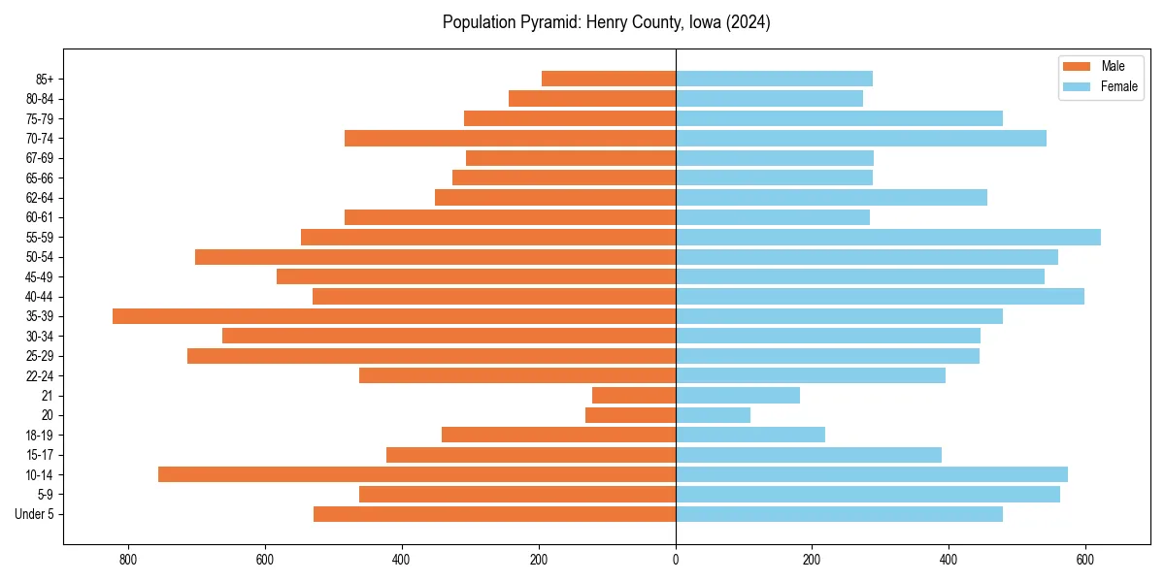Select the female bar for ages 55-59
pos(887,237)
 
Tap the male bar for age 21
pos(633,396)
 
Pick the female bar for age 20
pos(713,415)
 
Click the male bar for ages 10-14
pos(416,474)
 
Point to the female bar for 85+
pos(774,79)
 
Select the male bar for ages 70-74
pos(510,138)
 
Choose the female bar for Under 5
pos(839,514)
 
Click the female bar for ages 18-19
pos(749,435)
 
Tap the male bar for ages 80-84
pos(591,98)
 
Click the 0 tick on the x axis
pos(676,559)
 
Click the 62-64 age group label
pos(40,198)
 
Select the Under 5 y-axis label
pos(35,514)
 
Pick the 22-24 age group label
pos(40,376)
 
